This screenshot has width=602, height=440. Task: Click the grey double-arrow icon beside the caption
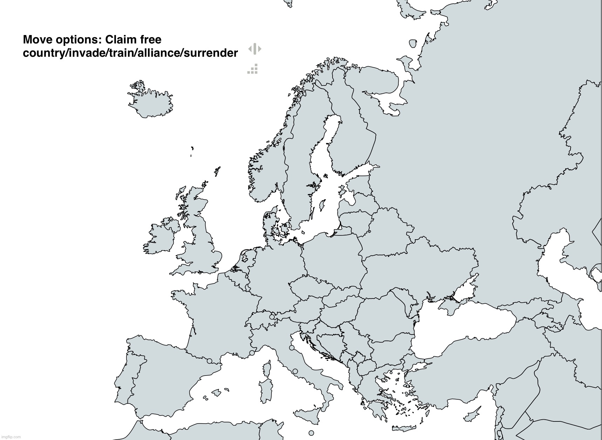[x=255, y=49]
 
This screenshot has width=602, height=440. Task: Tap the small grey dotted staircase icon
[x=253, y=69]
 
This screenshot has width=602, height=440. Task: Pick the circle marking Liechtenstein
[x=272, y=317]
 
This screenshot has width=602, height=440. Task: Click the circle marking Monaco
[x=252, y=353]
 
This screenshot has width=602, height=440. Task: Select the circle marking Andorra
[x=210, y=361]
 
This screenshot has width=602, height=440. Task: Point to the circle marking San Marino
[x=292, y=348]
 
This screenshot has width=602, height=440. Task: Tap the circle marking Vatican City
[x=295, y=371]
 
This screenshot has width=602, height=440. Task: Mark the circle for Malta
[x=312, y=433]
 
